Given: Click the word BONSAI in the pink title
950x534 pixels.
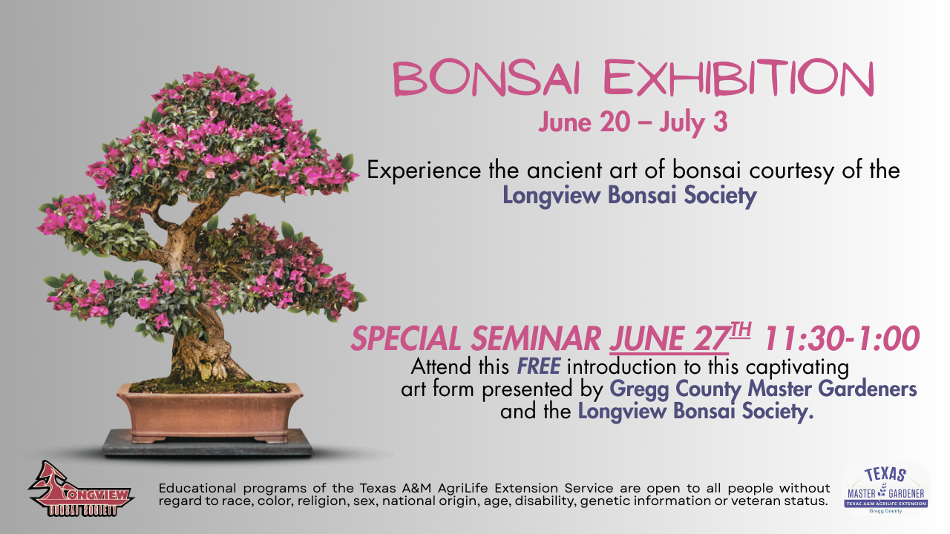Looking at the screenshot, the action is pos(486,79).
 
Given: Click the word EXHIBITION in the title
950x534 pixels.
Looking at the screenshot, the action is pos(738,79).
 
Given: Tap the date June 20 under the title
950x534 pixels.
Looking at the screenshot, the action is pos(584,123).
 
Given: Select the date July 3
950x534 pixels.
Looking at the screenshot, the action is pos(693,123).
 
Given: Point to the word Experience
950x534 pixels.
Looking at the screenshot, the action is pos(424,171).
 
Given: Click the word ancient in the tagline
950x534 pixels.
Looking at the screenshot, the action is pos(565,171).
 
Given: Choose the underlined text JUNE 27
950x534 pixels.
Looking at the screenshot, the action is pos(669,339).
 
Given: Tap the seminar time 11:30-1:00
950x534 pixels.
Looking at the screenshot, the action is pos(842,339).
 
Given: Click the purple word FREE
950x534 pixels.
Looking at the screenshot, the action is pos(539,366).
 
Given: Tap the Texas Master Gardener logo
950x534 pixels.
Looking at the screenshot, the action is pos(886,490).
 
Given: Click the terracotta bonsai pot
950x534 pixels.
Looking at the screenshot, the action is pos(210,413).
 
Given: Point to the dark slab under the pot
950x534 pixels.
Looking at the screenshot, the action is pos(207,444).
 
